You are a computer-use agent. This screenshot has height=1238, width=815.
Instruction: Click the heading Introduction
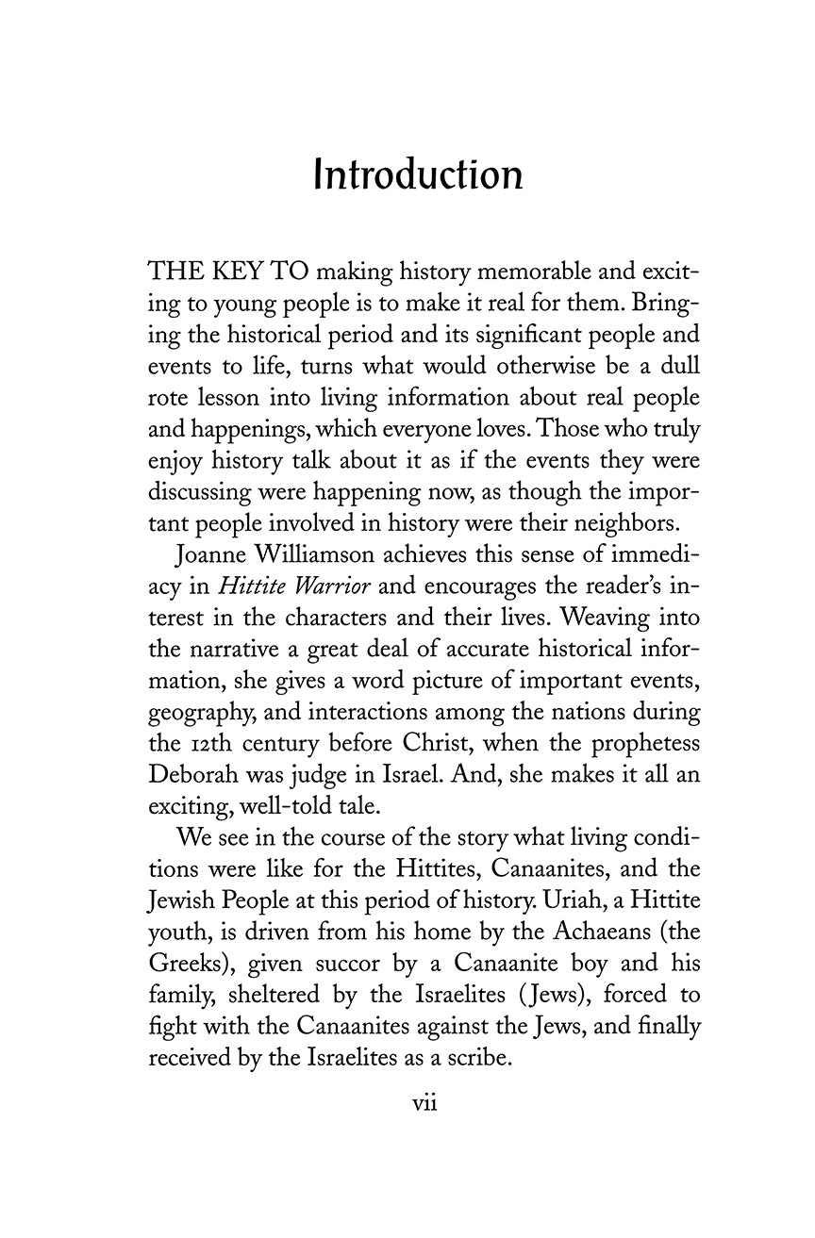tap(418, 175)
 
